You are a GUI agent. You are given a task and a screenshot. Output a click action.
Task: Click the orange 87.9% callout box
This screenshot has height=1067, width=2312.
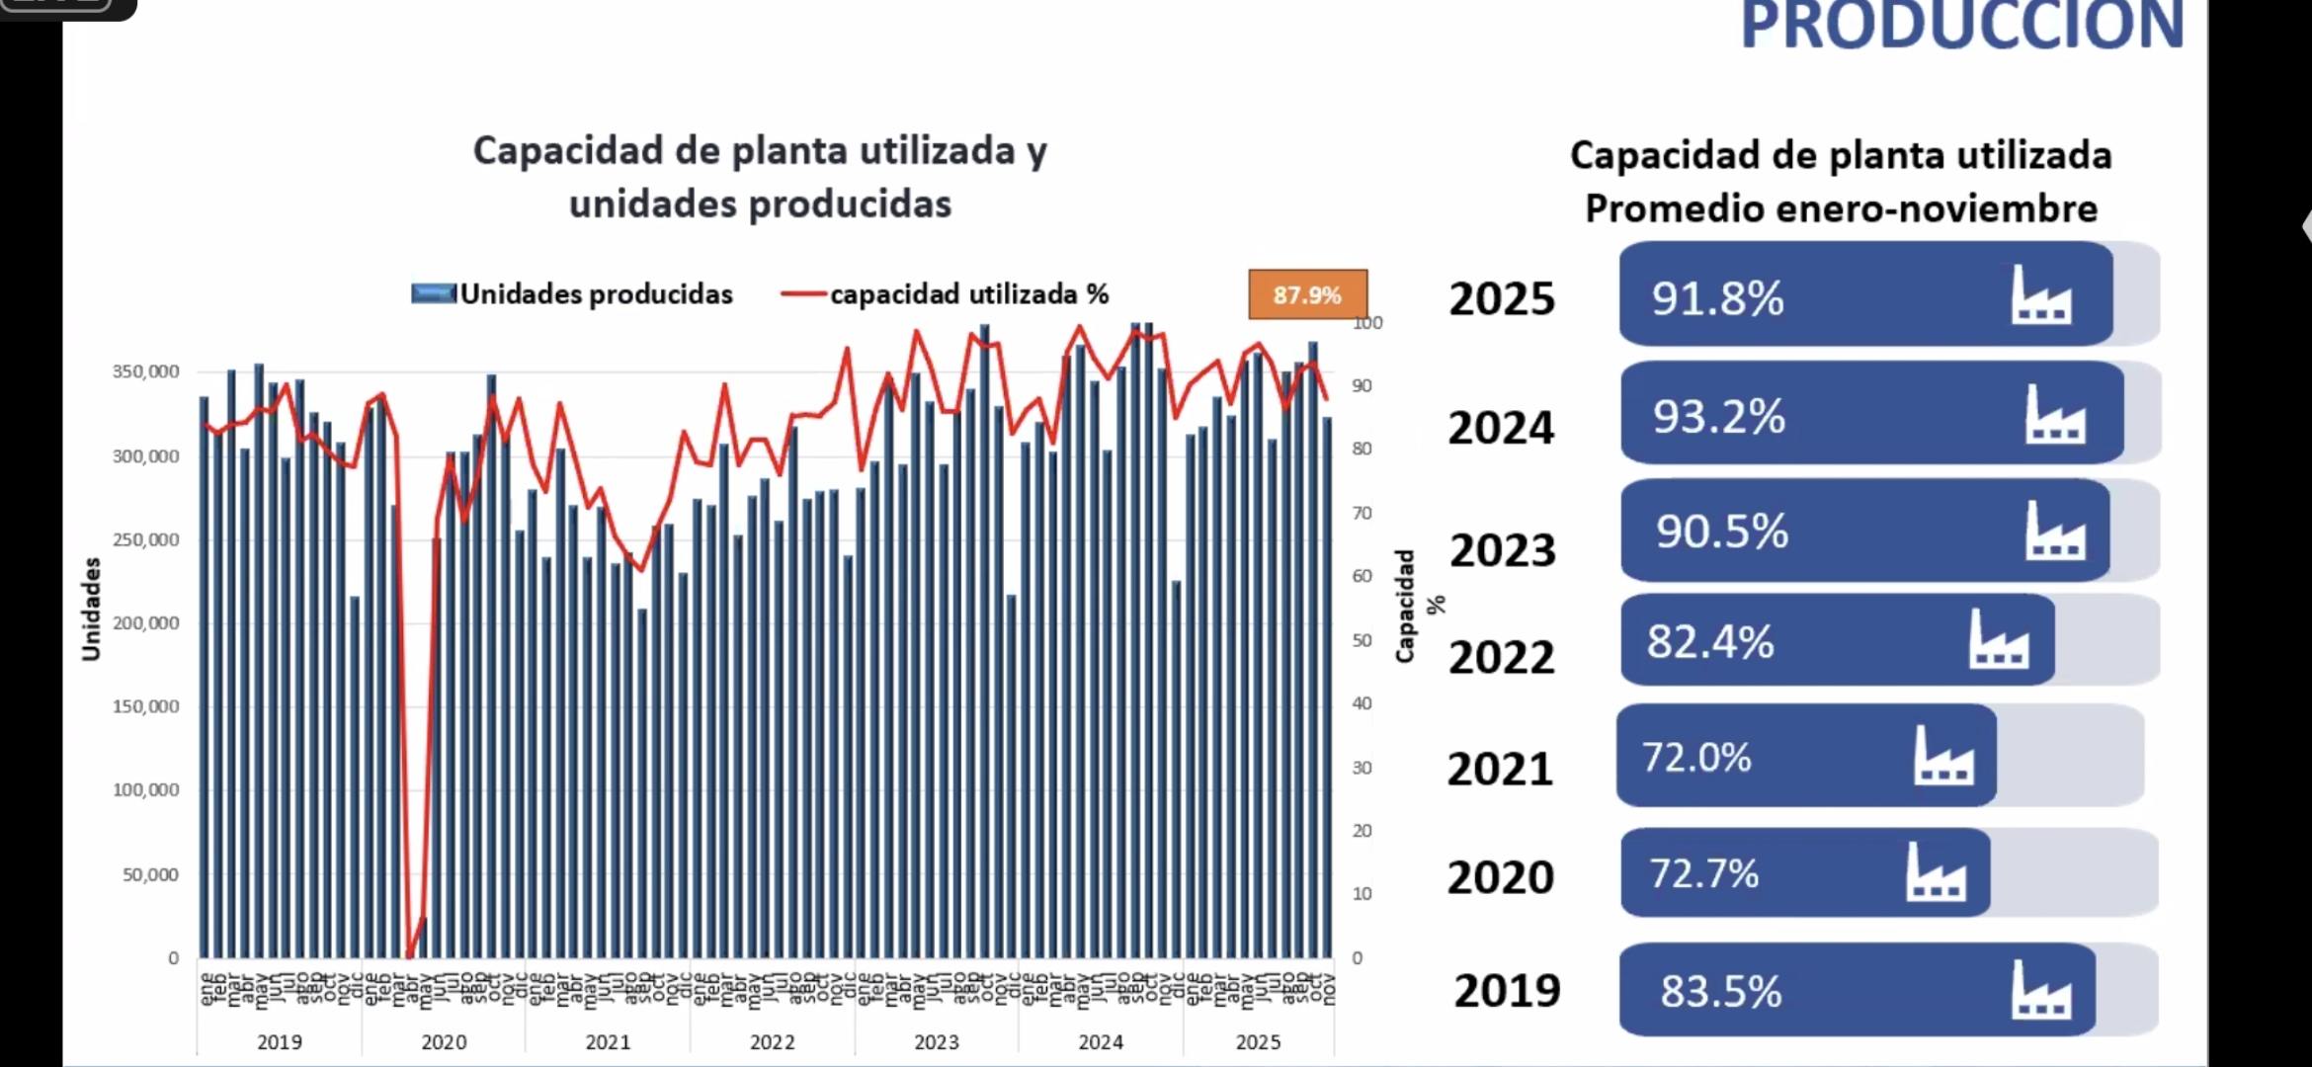1307,294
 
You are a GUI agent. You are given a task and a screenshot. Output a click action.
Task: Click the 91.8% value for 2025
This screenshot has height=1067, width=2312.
1717,297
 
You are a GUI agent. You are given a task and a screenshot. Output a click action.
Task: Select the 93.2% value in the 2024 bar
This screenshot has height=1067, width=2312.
1719,416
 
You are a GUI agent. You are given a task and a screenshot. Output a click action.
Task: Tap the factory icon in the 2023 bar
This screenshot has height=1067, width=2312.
2055,531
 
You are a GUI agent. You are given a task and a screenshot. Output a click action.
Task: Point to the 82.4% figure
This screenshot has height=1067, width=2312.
1710,641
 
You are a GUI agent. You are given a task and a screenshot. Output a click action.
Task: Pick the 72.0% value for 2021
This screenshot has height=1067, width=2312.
1696,758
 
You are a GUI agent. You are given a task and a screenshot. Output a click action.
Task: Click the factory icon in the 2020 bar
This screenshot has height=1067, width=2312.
1936,872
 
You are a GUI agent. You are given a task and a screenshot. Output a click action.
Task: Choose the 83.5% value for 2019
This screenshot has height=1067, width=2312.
1721,991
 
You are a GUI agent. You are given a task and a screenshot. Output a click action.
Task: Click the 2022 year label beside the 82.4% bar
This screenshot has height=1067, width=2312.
1502,658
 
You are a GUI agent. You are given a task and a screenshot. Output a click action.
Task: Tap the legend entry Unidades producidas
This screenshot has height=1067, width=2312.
596,294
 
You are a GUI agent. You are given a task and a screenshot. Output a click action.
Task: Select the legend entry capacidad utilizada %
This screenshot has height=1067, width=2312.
968,294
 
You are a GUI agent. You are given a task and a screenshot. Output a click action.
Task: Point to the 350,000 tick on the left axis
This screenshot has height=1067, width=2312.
145,371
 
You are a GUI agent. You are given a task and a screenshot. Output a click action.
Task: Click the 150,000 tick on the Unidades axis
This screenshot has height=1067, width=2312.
145,706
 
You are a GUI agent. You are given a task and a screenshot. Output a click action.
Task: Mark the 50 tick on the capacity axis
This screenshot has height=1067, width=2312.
1362,640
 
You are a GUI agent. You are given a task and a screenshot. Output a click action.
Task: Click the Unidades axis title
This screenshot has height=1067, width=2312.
91,609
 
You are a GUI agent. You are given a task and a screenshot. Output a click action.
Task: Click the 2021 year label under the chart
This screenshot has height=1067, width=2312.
608,1041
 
